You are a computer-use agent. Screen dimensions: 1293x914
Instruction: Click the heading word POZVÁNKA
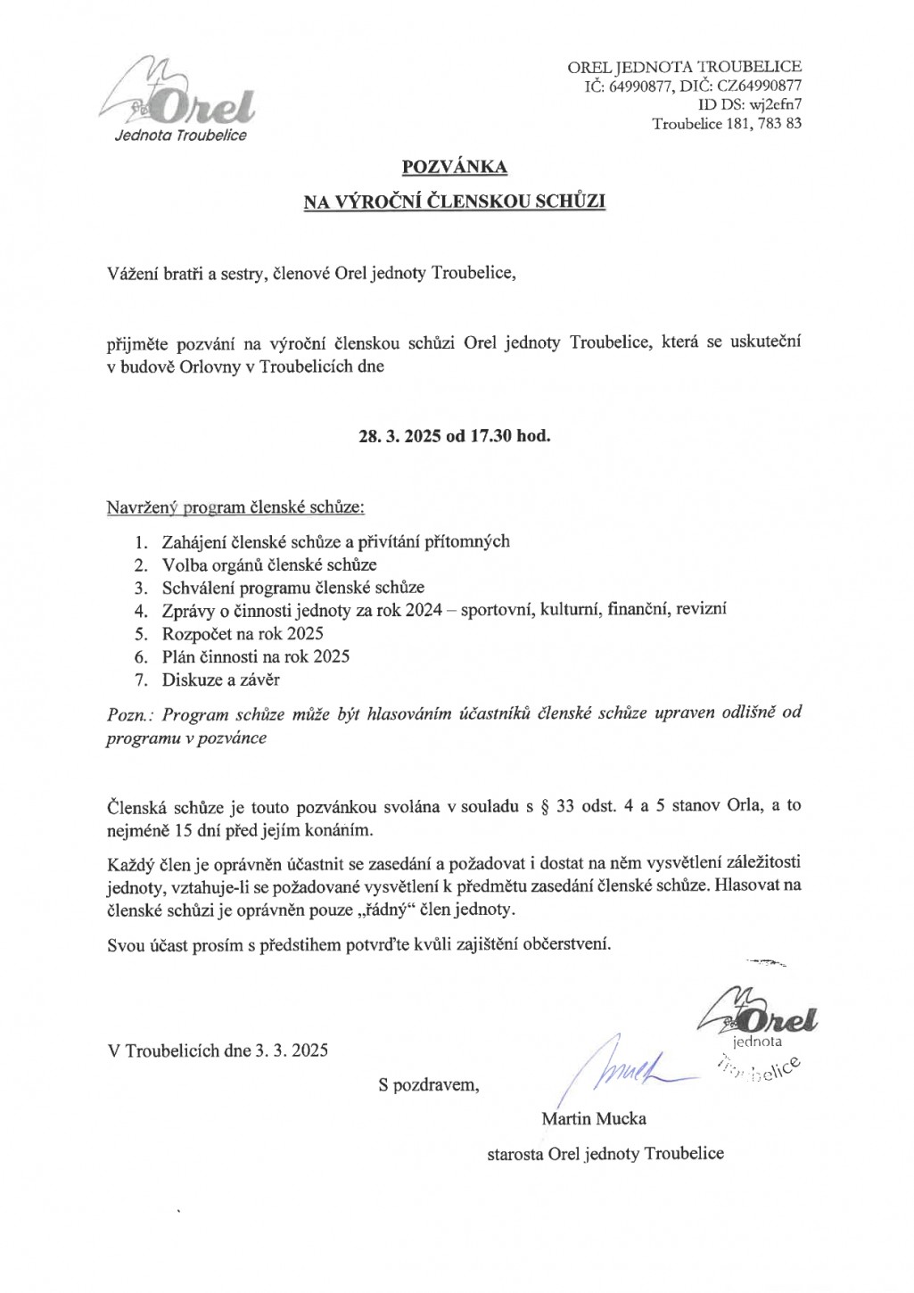coord(455,167)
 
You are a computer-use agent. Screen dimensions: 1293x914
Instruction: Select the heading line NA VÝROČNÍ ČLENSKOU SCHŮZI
coord(455,202)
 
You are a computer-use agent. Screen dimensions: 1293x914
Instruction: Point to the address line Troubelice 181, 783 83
coord(727,124)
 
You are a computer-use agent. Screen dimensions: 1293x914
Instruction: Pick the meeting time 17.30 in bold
coord(492,437)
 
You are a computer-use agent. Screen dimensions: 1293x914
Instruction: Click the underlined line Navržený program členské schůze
coord(235,508)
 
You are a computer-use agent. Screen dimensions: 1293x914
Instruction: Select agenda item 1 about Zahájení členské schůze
coord(335,541)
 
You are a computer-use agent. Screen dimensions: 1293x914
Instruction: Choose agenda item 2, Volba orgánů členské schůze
coord(269,564)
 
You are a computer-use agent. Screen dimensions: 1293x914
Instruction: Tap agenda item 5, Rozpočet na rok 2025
coord(243,634)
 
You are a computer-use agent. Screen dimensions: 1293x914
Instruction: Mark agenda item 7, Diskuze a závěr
coord(220,679)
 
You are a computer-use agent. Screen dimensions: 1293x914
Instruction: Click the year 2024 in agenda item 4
coord(424,611)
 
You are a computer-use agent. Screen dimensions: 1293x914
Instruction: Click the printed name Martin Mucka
coord(594,1118)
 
